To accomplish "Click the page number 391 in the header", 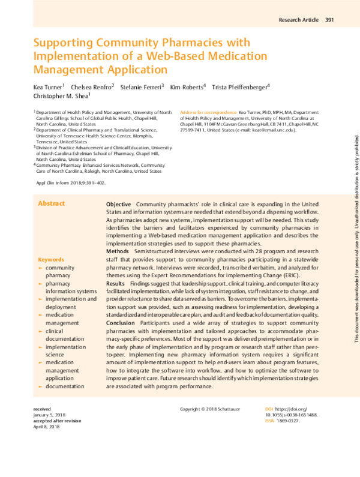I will click(x=329, y=20).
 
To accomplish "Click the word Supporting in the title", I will click(x=64, y=44).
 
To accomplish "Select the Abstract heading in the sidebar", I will click(x=51, y=187).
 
